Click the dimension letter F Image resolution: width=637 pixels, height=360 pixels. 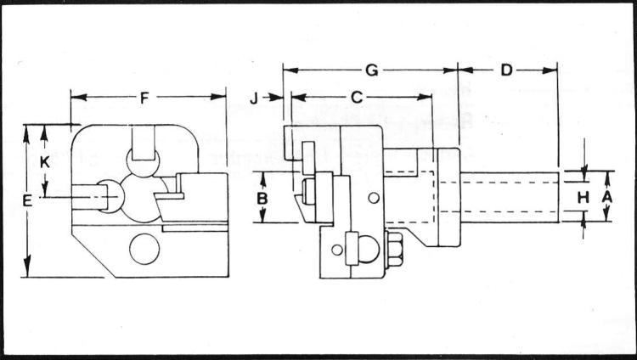[x=144, y=98]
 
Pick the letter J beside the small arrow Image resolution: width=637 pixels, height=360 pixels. [x=254, y=98]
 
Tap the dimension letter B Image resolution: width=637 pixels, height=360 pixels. [x=262, y=198]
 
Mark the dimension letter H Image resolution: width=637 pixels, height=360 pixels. [x=583, y=197]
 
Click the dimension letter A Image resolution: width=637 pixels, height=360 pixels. [x=606, y=196]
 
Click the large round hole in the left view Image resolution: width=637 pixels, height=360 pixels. [x=144, y=249]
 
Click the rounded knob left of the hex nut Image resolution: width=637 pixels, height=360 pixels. [x=366, y=249]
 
